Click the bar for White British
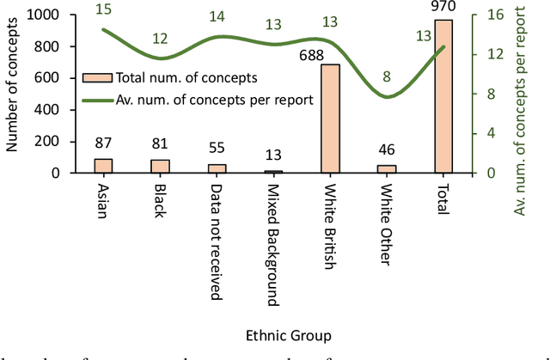pyautogui.click(x=329, y=119)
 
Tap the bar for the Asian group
pyautogui.click(x=103, y=166)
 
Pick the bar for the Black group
pyautogui.click(x=160, y=166)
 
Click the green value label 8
pyautogui.click(x=387, y=76)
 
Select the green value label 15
pyautogui.click(x=103, y=9)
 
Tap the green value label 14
pyautogui.click(x=217, y=16)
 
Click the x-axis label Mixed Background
pyautogui.click(x=272, y=243)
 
